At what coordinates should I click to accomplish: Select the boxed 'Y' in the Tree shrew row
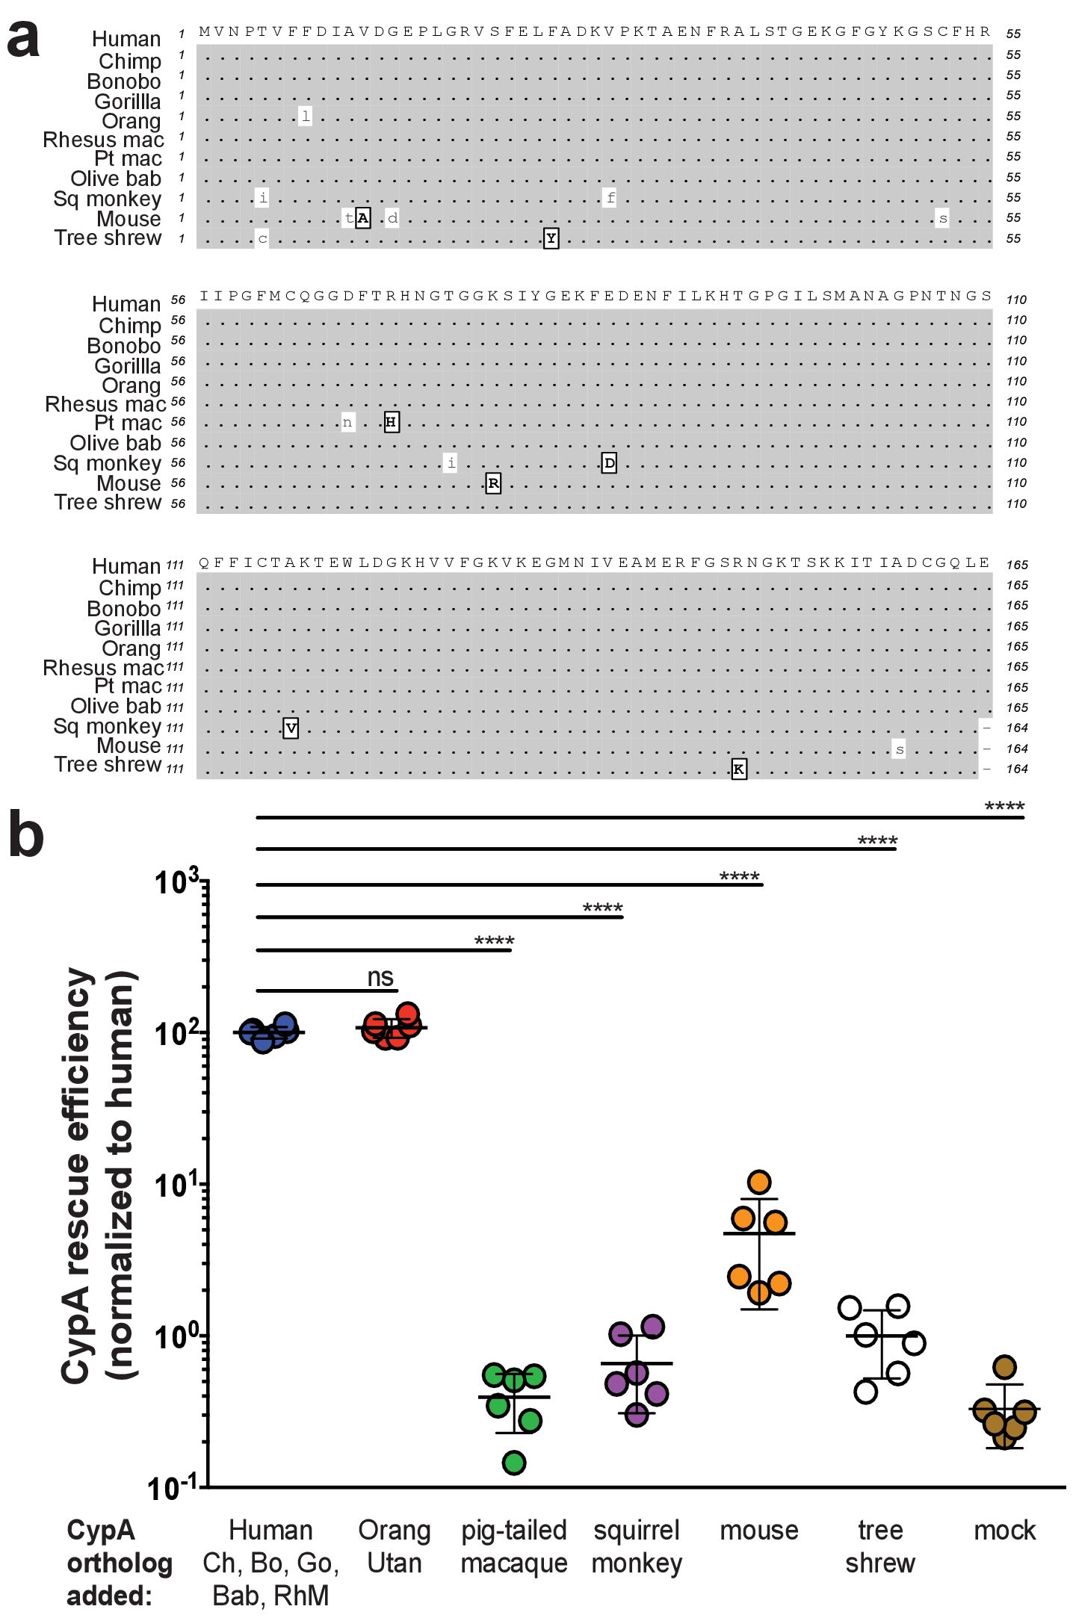551,238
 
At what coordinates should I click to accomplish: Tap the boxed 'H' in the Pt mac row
391,422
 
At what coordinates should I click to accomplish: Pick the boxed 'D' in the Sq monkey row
609,463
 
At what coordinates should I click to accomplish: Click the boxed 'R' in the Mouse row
493,483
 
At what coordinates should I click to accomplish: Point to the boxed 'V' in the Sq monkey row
291,728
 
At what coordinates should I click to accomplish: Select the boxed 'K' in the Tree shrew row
738,769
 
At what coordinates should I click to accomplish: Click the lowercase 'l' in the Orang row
305,116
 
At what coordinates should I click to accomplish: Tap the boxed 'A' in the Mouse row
362,218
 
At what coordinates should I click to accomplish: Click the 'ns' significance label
380,976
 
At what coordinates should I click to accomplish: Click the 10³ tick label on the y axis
176,881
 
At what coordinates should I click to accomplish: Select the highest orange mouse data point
759,1182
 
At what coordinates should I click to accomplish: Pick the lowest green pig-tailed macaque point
514,1463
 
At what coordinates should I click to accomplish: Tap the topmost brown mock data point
1005,1367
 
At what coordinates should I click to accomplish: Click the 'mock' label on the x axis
1004,1530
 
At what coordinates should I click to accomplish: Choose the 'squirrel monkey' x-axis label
637,1546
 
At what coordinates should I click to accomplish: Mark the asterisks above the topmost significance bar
1004,807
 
